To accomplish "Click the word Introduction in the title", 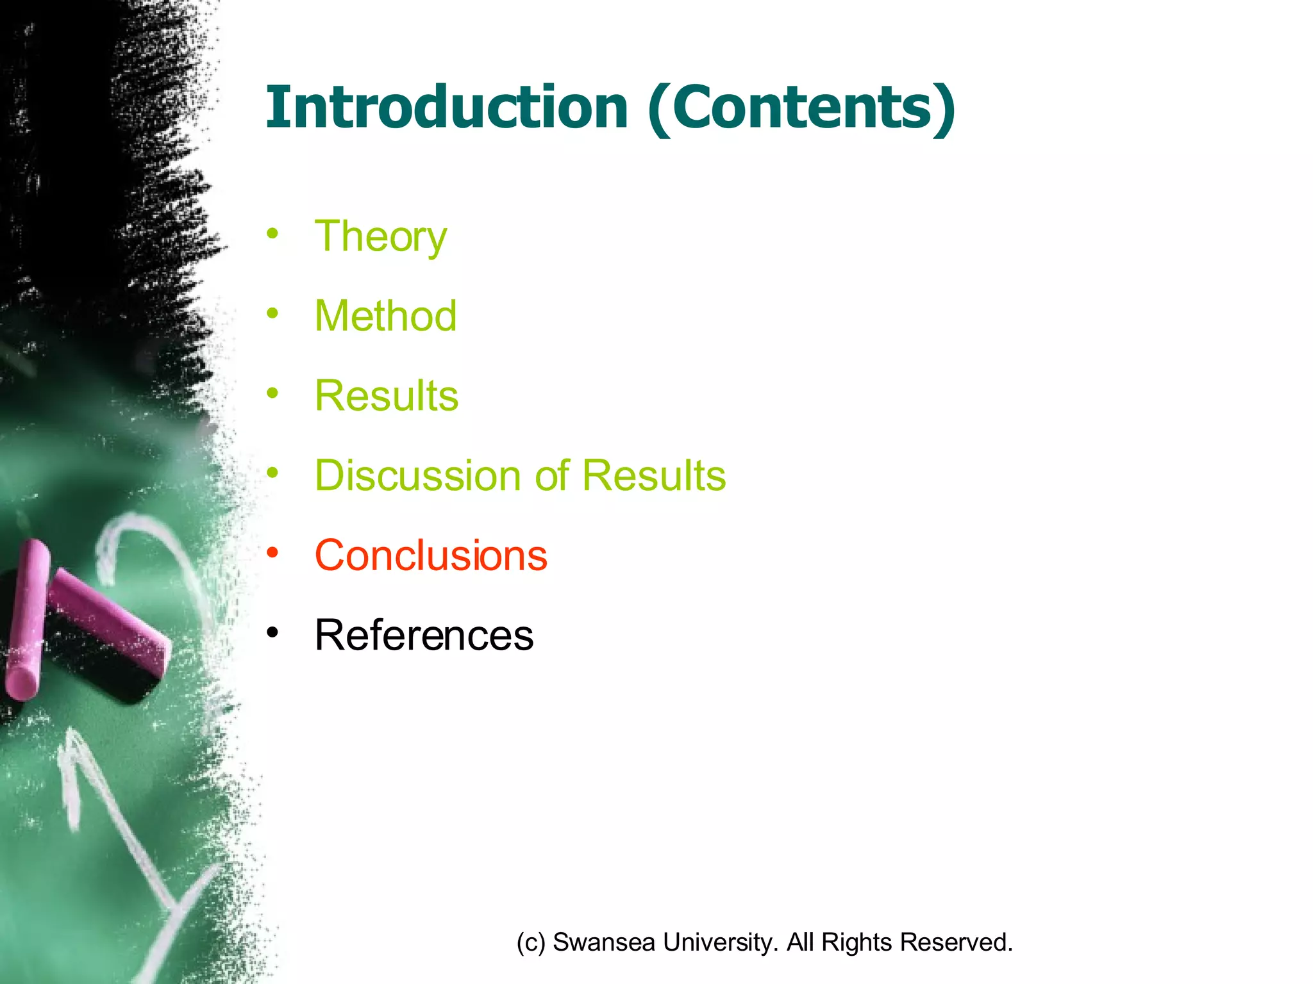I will pos(446,108).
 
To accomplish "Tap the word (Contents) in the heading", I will pos(801,108).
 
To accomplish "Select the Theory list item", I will pos(380,237).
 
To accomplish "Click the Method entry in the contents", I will pos(385,316).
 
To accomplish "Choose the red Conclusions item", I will pos(431,555).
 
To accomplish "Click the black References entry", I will pos(424,635).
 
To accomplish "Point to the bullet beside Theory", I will pos(273,233).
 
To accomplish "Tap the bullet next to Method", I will pos(273,313).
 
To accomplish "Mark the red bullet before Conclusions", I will pos(273,552).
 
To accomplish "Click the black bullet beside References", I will pos(273,633).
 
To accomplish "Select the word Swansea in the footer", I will pos(603,942).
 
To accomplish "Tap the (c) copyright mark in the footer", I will pos(531,942).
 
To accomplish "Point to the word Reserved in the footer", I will pos(956,942).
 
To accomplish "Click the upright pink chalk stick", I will pos(26,618).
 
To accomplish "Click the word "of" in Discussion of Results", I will pos(552,476).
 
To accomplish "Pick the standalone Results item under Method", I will pos(387,396).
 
